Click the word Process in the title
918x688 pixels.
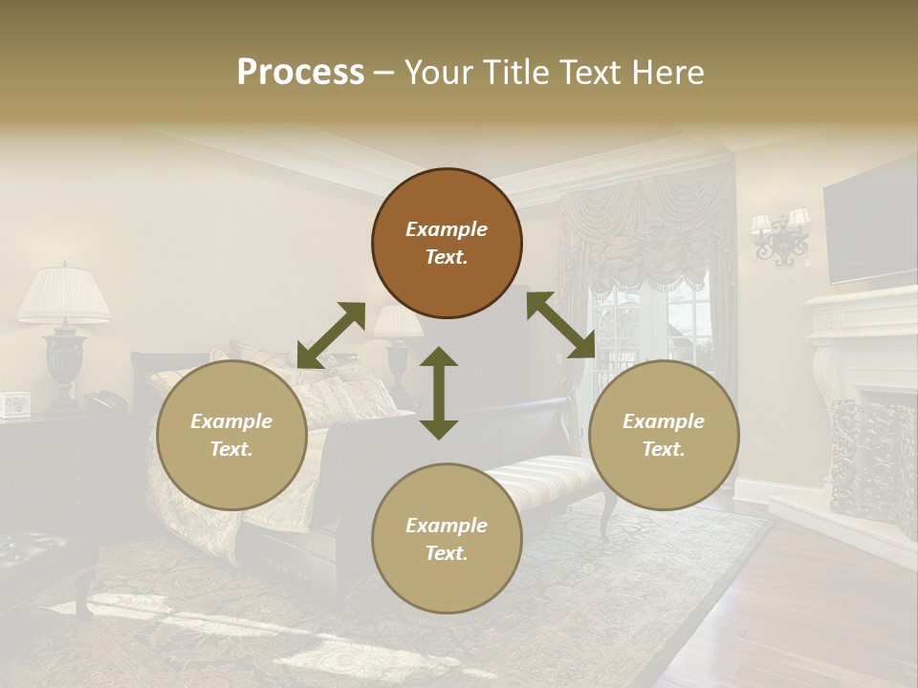pos(300,73)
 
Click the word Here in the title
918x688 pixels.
pos(667,73)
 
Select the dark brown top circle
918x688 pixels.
pos(447,243)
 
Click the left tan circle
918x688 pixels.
pos(231,435)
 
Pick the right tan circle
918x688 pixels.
pos(664,435)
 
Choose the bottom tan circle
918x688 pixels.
pos(447,539)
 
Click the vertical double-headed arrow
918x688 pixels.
pos(439,393)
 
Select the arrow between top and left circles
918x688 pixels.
pos(331,335)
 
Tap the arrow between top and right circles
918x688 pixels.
pos(560,325)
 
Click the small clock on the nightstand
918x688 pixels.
pos(15,405)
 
